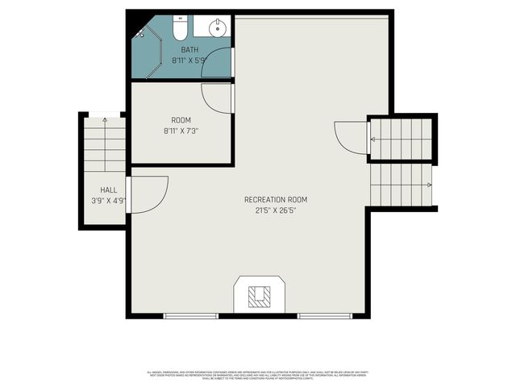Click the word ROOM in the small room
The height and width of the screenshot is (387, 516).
pyautogui.click(x=181, y=120)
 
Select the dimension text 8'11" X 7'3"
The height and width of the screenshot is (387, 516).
pyautogui.click(x=181, y=131)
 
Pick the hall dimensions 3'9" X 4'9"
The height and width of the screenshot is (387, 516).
pyautogui.click(x=108, y=201)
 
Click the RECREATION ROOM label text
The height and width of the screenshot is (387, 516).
pyautogui.click(x=276, y=200)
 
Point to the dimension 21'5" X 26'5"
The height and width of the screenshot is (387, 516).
pyautogui.click(x=276, y=210)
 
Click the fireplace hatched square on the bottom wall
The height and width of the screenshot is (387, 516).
pyautogui.click(x=259, y=296)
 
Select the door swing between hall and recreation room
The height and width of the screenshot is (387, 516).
pyautogui.click(x=148, y=195)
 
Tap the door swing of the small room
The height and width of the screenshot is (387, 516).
pyautogui.click(x=217, y=98)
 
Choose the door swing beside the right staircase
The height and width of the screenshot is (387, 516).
pyautogui.click(x=352, y=138)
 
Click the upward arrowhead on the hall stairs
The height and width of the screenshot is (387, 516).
pyautogui.click(x=106, y=120)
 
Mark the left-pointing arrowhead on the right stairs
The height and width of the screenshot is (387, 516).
pyautogui.click(x=372, y=139)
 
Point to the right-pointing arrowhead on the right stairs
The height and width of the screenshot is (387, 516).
pyautogui.click(x=429, y=185)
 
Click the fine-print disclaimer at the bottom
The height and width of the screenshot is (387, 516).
pyautogui.click(x=258, y=375)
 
